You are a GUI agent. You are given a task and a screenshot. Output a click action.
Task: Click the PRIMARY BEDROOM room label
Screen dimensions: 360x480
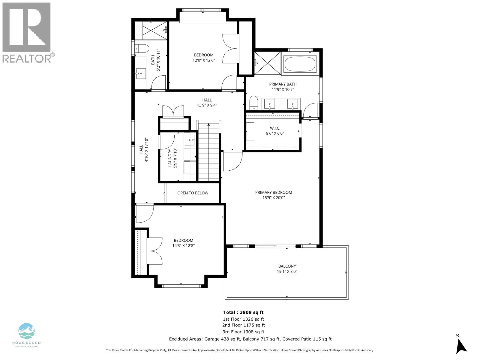click(273, 192)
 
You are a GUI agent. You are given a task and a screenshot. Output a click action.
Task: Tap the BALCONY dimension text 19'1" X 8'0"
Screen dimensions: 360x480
click(287, 271)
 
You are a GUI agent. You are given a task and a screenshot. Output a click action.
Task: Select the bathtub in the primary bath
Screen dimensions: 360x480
click(300, 64)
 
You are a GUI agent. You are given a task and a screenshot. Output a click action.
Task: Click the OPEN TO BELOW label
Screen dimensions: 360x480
click(193, 193)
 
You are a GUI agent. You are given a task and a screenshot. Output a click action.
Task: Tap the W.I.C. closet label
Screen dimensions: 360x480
click(275, 128)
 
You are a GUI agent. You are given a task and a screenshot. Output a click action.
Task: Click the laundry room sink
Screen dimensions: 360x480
click(190, 140)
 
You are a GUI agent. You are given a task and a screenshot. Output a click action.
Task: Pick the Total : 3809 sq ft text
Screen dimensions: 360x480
click(243, 312)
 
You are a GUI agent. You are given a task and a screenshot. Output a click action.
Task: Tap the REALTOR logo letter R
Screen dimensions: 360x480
click(27, 27)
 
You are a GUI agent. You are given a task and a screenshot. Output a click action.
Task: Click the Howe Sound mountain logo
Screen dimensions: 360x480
click(27, 331)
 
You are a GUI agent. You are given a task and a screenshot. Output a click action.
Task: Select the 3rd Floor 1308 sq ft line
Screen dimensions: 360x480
click(243, 332)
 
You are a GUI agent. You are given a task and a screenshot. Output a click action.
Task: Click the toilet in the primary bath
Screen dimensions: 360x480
click(253, 103)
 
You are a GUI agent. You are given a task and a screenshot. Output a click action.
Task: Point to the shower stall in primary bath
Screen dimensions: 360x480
click(267, 63)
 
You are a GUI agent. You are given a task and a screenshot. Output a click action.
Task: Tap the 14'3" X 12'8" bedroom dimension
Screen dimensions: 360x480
click(183, 245)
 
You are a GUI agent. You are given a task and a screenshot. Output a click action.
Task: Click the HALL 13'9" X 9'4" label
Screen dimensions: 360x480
click(207, 103)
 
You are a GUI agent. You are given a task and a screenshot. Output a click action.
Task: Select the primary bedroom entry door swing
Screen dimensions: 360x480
click(232, 161)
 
